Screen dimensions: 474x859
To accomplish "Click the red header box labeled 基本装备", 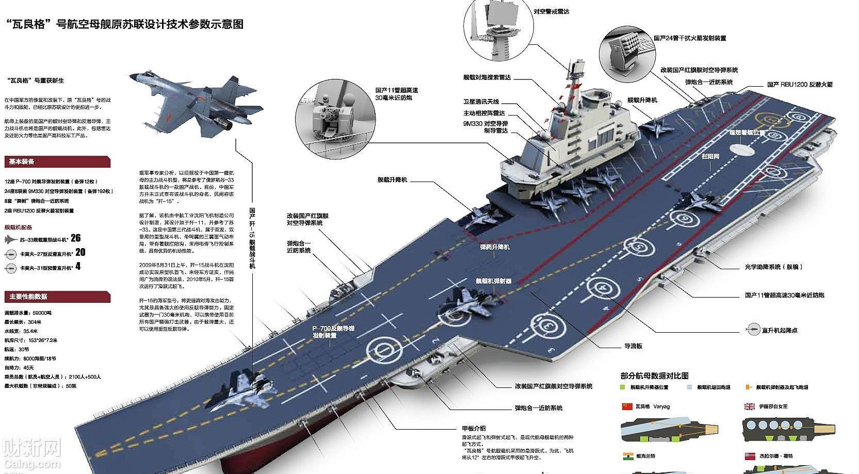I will [x=57, y=161].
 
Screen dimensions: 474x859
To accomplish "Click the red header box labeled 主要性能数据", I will [x=57, y=297].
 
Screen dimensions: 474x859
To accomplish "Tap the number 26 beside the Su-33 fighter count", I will [x=76, y=238].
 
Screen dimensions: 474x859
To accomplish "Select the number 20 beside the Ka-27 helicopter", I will [x=80, y=252].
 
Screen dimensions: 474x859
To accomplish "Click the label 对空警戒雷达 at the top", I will [x=551, y=11].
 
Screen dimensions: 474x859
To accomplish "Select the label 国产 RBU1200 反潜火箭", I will [x=799, y=84].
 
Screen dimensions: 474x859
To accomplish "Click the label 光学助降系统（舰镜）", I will [x=773, y=267].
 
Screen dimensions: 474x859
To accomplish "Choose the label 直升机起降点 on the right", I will [x=779, y=330].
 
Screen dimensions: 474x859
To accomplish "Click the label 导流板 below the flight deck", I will [x=633, y=346].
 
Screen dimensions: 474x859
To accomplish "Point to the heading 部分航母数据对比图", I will [x=654, y=375].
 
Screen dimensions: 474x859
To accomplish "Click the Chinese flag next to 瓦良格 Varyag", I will [x=626, y=406].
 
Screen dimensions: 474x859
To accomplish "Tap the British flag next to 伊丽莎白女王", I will [x=749, y=406].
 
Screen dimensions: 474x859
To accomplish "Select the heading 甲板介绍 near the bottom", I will [x=473, y=428].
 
